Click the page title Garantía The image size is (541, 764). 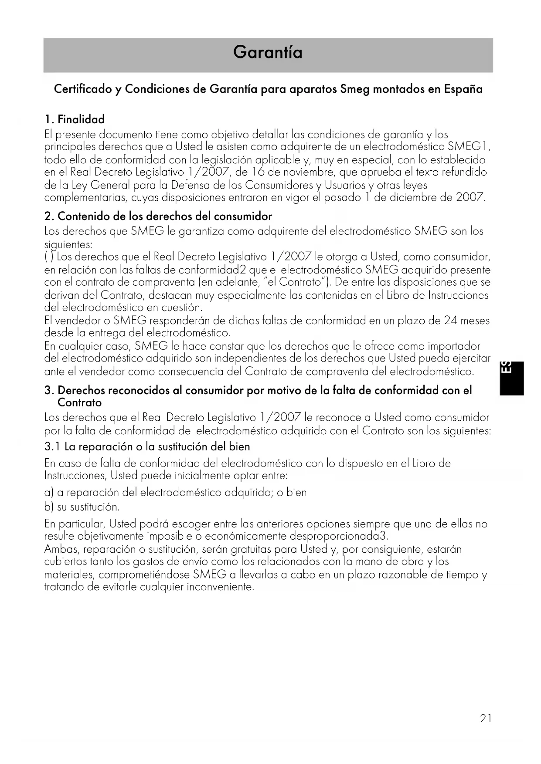pos(268,53)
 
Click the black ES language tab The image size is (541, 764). pos(511,378)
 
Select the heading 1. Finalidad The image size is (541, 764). pos(75,119)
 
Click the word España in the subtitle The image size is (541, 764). pos(463,89)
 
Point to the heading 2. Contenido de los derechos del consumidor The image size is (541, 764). pos(158,216)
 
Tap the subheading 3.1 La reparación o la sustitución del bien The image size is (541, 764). pos(147,447)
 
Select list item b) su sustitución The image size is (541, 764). pos(82,507)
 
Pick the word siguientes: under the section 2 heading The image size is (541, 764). pos(68,245)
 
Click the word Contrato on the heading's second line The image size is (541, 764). pos(79,402)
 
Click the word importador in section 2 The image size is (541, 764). pos(454,346)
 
